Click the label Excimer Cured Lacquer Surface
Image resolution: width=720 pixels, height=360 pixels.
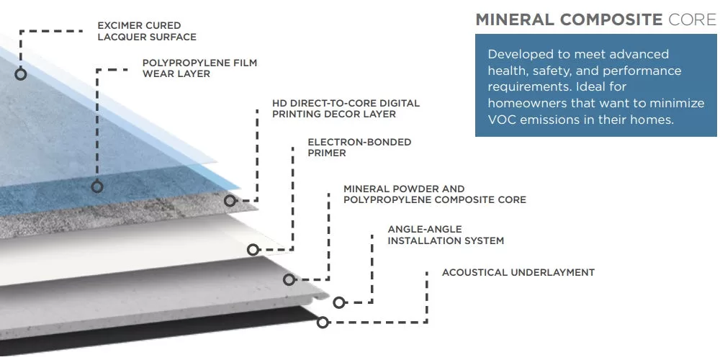pos(147,31)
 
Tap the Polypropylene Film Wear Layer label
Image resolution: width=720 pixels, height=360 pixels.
pos(199,68)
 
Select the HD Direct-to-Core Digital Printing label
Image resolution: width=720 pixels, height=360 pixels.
pos(346,108)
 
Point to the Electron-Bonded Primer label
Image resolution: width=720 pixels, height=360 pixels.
pos(359,147)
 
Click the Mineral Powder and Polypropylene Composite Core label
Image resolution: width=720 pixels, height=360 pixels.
pos(434,194)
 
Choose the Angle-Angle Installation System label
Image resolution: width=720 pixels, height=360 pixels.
pos(446,234)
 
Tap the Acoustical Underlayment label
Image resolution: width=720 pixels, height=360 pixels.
pos(518,272)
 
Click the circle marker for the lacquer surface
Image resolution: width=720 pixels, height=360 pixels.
pos(20,73)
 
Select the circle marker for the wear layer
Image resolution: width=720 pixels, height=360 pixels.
pos(97,187)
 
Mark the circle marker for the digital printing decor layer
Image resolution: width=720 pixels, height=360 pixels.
pos(230,201)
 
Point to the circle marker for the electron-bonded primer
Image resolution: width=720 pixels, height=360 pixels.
pos(253,250)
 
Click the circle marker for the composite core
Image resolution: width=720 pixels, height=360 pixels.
pos(289,279)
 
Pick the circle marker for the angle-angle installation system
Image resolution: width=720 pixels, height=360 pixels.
pos(339,303)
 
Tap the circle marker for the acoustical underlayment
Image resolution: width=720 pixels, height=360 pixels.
pos(323,323)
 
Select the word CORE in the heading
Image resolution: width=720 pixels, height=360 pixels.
pos(693,19)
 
